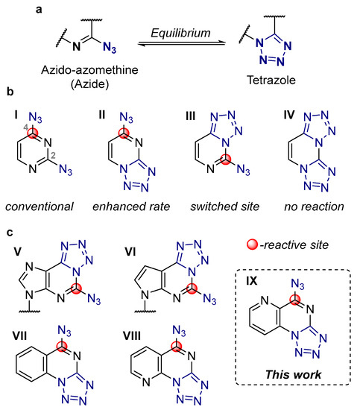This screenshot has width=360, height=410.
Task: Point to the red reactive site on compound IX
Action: pos(296,321)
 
